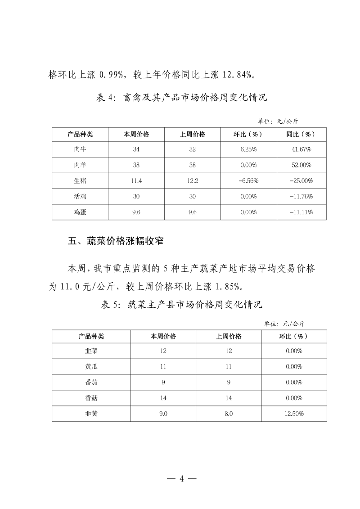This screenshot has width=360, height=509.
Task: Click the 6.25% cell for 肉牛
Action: (x=248, y=149)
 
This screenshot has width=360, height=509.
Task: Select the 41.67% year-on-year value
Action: (x=301, y=149)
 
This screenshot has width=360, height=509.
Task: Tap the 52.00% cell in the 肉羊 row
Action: (x=301, y=165)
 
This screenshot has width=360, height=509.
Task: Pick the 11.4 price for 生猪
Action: (x=136, y=181)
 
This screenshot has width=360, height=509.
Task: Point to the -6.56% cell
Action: (x=248, y=181)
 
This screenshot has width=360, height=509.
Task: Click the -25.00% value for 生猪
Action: (x=301, y=181)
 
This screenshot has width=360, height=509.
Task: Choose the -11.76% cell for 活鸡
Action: (x=301, y=197)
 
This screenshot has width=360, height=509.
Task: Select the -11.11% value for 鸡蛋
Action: (x=301, y=212)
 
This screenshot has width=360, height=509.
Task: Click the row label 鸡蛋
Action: (x=80, y=212)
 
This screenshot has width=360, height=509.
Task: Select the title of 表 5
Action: (x=182, y=305)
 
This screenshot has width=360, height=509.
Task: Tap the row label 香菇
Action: (x=91, y=398)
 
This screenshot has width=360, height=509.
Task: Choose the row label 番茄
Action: (x=91, y=382)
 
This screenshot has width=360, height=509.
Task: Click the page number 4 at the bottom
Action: (x=182, y=478)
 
